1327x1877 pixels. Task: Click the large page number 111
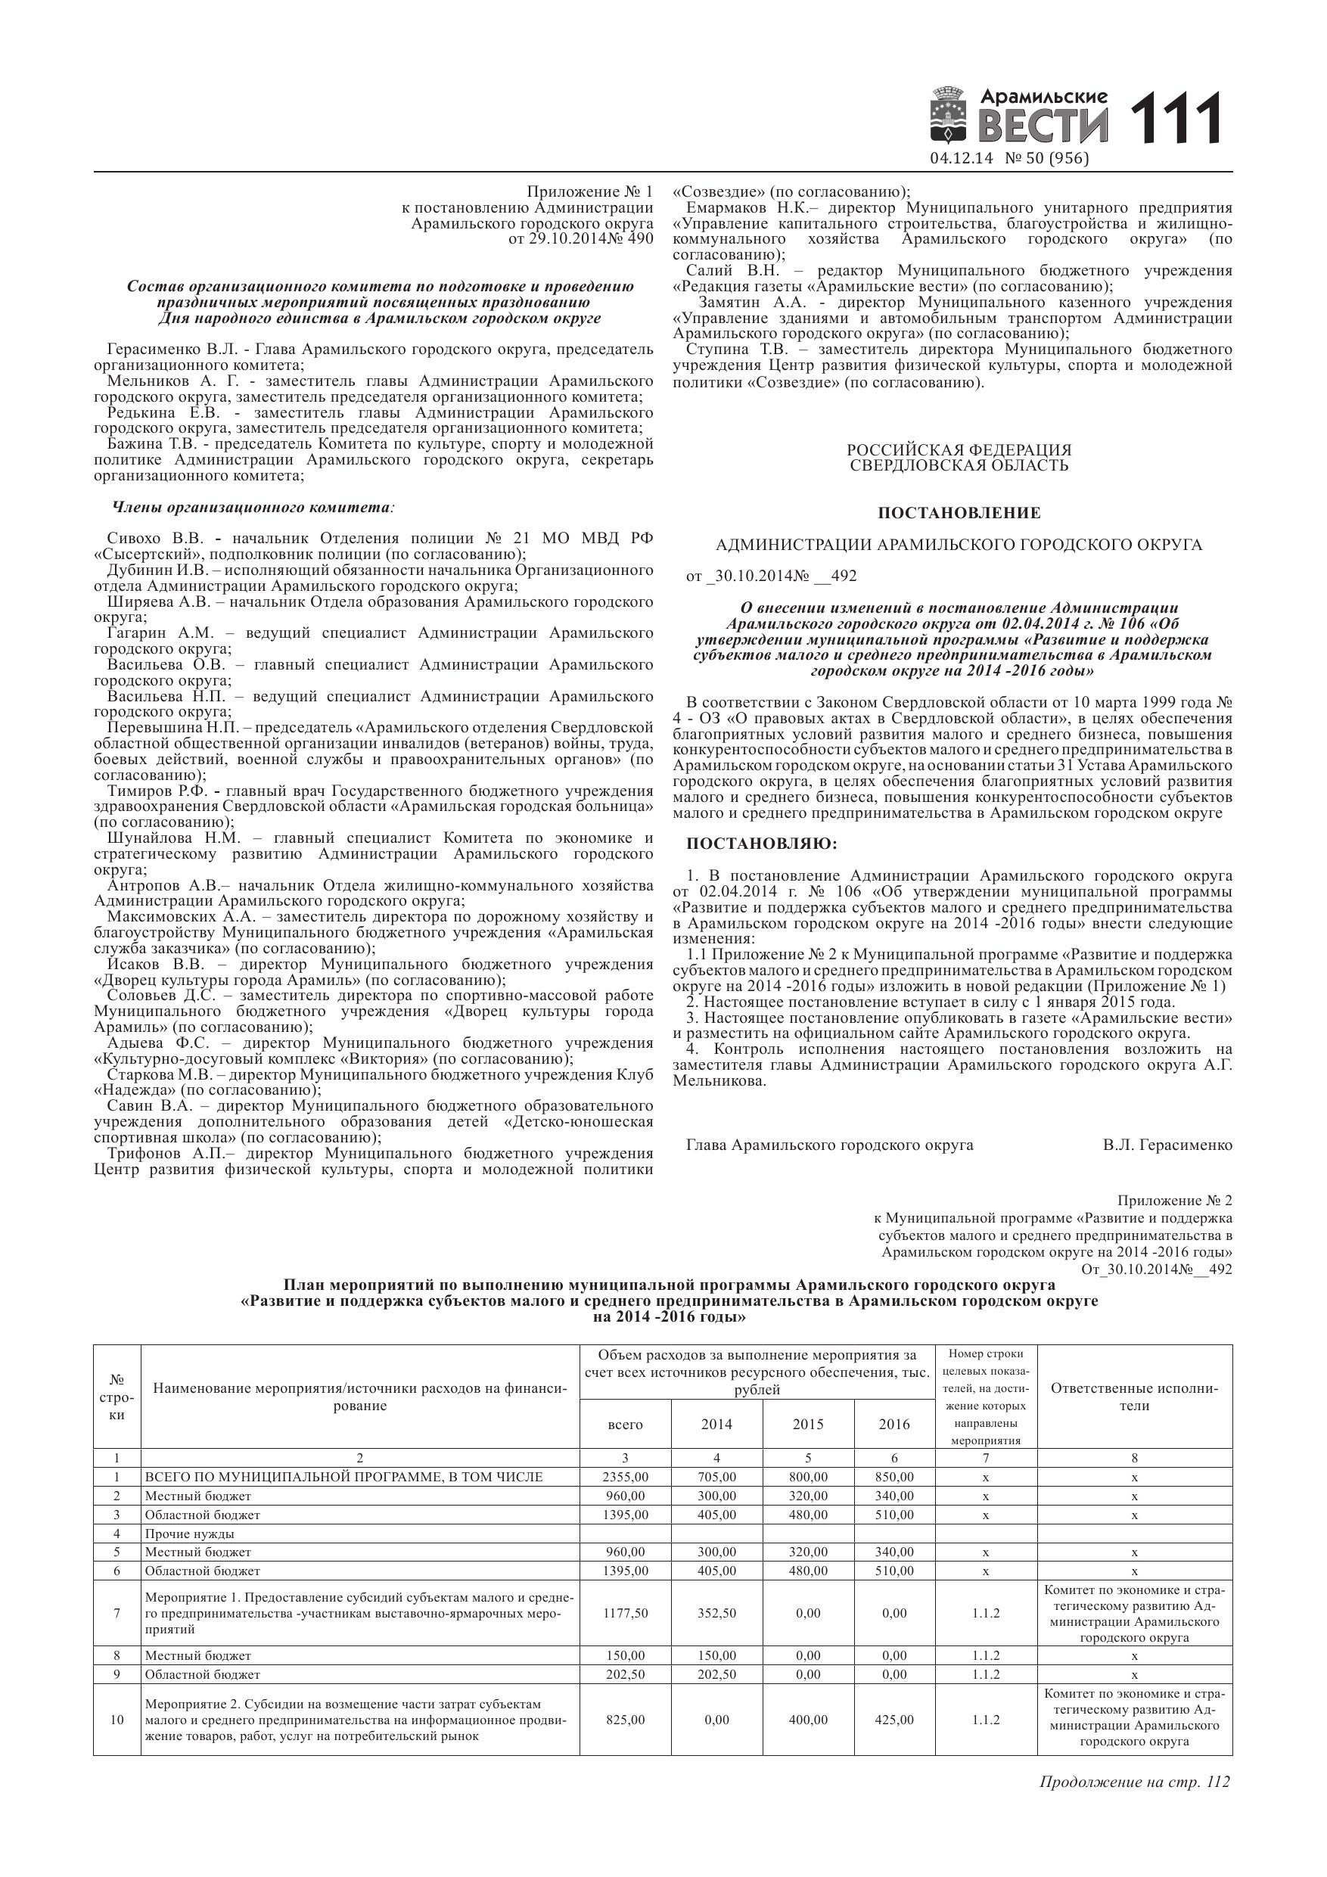click(1174, 120)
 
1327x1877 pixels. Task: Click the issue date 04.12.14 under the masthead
click(961, 158)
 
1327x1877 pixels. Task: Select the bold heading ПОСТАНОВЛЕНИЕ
click(959, 514)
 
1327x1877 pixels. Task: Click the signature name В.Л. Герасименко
click(1167, 1145)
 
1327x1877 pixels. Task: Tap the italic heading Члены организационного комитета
click(252, 507)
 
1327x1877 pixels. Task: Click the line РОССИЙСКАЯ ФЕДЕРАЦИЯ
click(959, 450)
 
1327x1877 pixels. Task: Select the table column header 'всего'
click(625, 1424)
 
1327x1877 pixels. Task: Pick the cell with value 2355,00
click(625, 1478)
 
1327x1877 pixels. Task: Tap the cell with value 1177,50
click(625, 1613)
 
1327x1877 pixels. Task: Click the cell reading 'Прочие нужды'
click(190, 1534)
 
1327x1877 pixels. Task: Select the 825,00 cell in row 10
click(625, 1719)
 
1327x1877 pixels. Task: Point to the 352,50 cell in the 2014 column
click(716, 1613)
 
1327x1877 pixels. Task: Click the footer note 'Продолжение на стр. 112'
click(1134, 1782)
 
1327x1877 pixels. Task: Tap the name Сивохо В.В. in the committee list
click(154, 539)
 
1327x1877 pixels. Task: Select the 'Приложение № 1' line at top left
click(589, 192)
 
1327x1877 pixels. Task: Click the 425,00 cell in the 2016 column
click(893, 1719)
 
